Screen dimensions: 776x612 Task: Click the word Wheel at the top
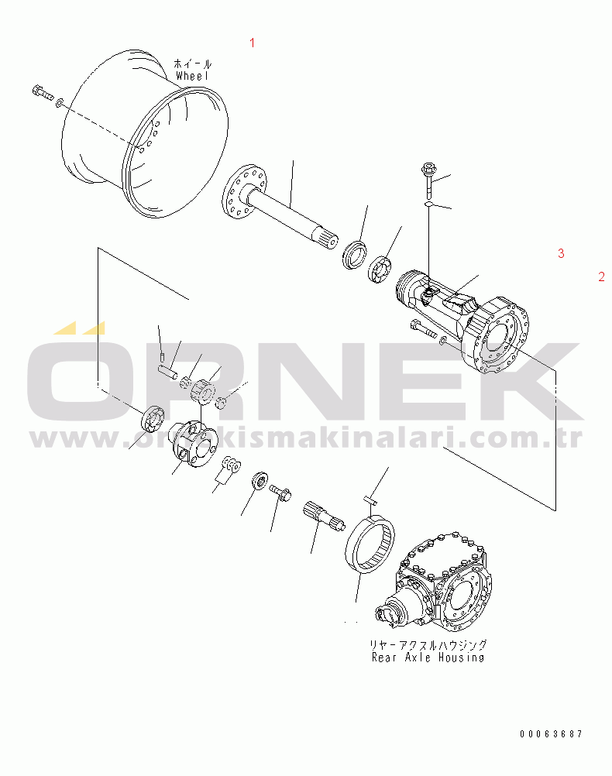click(193, 76)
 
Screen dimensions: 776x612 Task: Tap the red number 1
click(251, 43)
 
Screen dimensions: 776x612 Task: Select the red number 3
click(561, 253)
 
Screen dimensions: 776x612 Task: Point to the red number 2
click(601, 276)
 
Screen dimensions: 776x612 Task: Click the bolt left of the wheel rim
click(42, 94)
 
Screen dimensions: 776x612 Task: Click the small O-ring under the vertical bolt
click(428, 204)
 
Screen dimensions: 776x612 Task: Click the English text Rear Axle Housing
click(428, 658)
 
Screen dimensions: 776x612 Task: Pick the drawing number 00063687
click(551, 733)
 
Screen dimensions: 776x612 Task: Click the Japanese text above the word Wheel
click(192, 64)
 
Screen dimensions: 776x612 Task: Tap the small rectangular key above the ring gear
click(371, 501)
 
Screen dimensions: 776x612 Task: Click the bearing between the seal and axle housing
click(381, 270)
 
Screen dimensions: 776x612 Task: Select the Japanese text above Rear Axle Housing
click(428, 644)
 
